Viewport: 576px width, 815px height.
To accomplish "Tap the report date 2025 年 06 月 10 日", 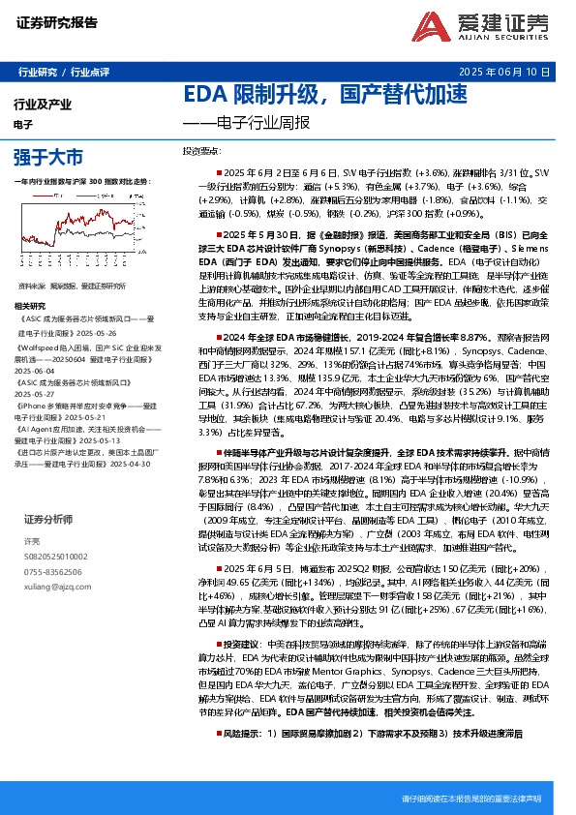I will click(x=511, y=73).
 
